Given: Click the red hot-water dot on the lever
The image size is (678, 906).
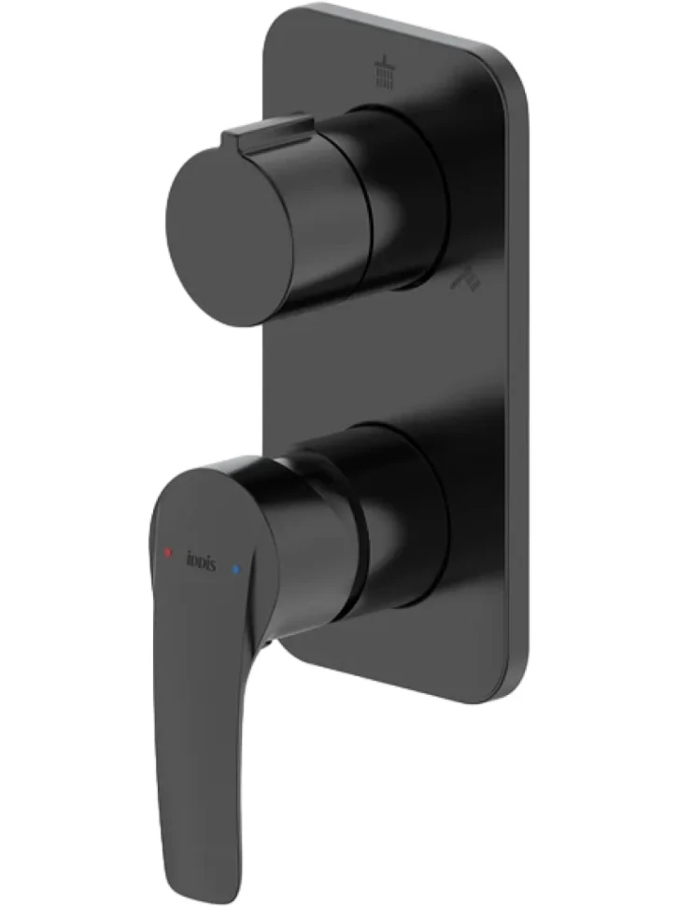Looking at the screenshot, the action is [167, 552].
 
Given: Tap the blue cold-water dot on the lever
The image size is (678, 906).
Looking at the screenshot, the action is [235, 569].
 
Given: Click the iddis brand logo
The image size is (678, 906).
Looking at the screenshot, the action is [201, 561].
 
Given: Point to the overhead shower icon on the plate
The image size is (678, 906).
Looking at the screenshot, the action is [385, 71].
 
